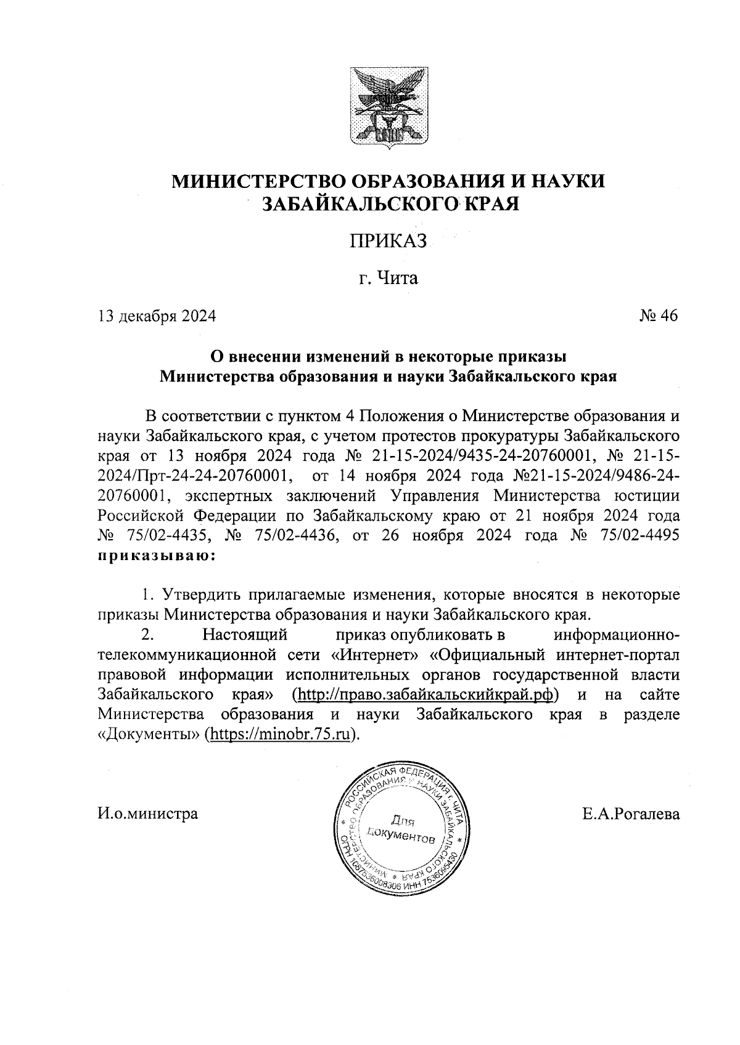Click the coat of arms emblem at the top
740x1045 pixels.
pyautogui.click(x=388, y=110)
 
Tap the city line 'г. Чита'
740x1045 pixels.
pyautogui.click(x=388, y=279)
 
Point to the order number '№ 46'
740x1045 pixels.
pyautogui.click(x=658, y=316)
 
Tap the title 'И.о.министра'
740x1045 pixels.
pyautogui.click(x=148, y=814)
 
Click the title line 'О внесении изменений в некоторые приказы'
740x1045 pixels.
pyautogui.click(x=388, y=356)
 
